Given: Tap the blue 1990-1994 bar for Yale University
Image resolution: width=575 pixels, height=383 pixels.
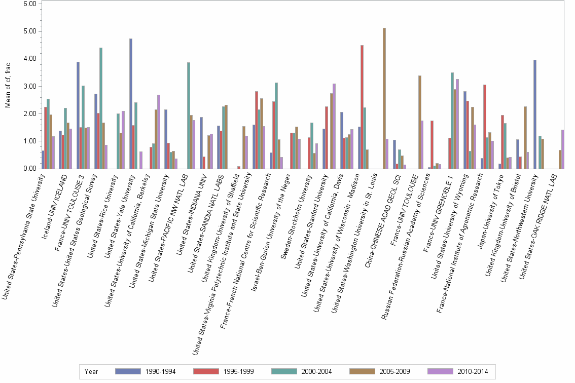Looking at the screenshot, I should click(131, 103).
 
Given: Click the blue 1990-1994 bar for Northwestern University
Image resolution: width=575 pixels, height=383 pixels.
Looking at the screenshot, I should click(535, 114).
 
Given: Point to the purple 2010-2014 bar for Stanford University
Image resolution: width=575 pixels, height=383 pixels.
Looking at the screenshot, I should click(334, 126).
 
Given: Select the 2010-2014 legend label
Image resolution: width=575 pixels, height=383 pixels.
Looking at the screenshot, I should click(472, 371).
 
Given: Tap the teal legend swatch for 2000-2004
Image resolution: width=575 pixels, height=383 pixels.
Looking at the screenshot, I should click(284, 371).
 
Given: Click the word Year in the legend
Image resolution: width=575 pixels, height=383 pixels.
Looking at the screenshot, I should click(92, 371).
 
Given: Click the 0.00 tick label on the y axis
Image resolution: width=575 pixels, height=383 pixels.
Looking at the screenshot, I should click(29, 169).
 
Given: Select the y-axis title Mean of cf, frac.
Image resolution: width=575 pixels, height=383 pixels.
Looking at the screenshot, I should click(7, 85).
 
